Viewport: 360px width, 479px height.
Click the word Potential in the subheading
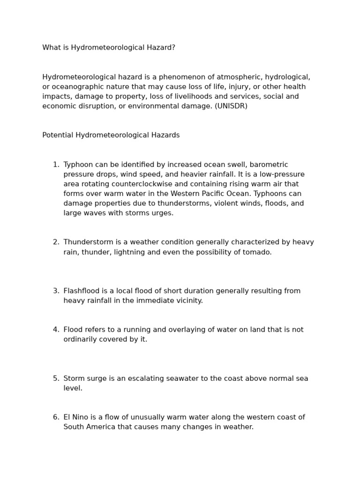point(58,135)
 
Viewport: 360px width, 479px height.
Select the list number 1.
point(55,165)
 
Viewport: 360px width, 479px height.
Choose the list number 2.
point(55,242)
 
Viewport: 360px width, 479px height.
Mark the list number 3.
point(55,291)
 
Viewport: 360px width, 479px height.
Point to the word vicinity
point(188,301)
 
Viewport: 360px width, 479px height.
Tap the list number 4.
point(55,330)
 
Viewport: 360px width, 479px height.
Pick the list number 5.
point(55,378)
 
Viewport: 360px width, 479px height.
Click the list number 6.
point(55,417)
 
